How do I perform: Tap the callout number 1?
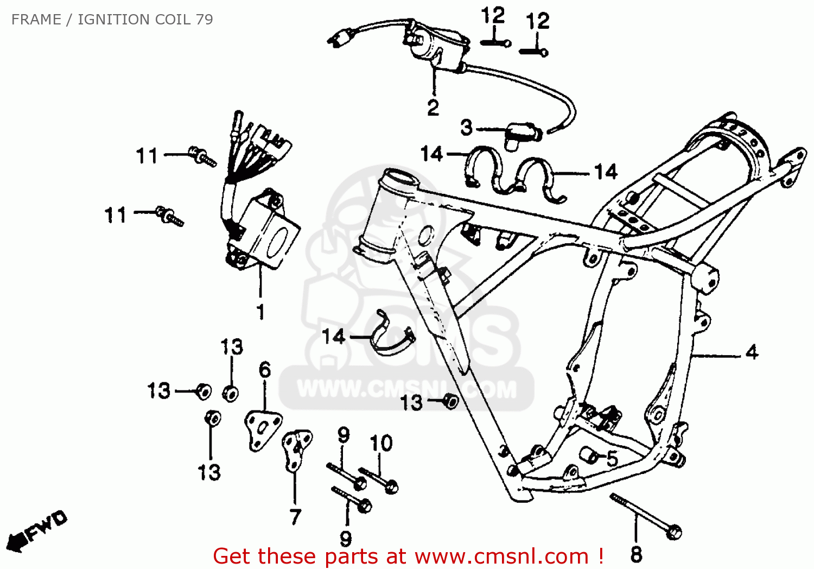point(260,312)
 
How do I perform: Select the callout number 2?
point(433,108)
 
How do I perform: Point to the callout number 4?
point(752,352)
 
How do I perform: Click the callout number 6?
point(264,370)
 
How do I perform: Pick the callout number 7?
point(295,516)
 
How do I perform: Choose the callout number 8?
point(636,554)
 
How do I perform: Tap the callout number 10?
point(381,443)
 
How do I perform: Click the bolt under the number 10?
point(380,480)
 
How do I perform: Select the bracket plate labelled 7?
point(295,448)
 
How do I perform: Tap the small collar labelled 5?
point(589,455)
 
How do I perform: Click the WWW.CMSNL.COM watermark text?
point(407,389)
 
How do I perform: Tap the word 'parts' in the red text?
point(351,557)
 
